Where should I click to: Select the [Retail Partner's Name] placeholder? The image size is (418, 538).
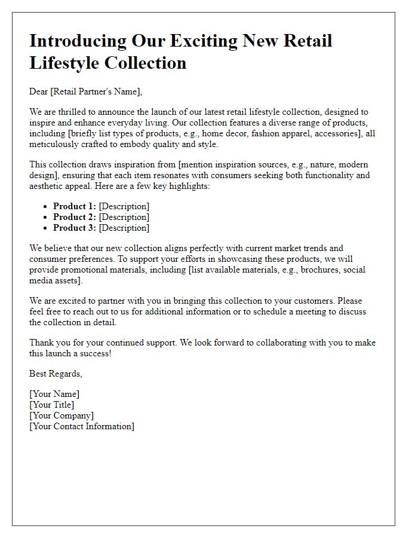(97, 91)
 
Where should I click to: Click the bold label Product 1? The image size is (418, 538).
(75, 206)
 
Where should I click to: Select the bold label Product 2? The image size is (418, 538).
(75, 217)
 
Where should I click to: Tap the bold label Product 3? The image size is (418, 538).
(75, 228)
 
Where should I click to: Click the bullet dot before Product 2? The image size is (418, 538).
(45, 218)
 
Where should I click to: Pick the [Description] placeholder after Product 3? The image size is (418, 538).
(124, 228)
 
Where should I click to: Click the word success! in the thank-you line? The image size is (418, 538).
(94, 353)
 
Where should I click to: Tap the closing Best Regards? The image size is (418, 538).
(56, 374)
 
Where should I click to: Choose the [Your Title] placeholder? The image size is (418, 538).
(52, 405)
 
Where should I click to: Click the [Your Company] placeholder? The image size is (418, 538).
(62, 415)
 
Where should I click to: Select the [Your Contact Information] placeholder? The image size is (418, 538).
(82, 426)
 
